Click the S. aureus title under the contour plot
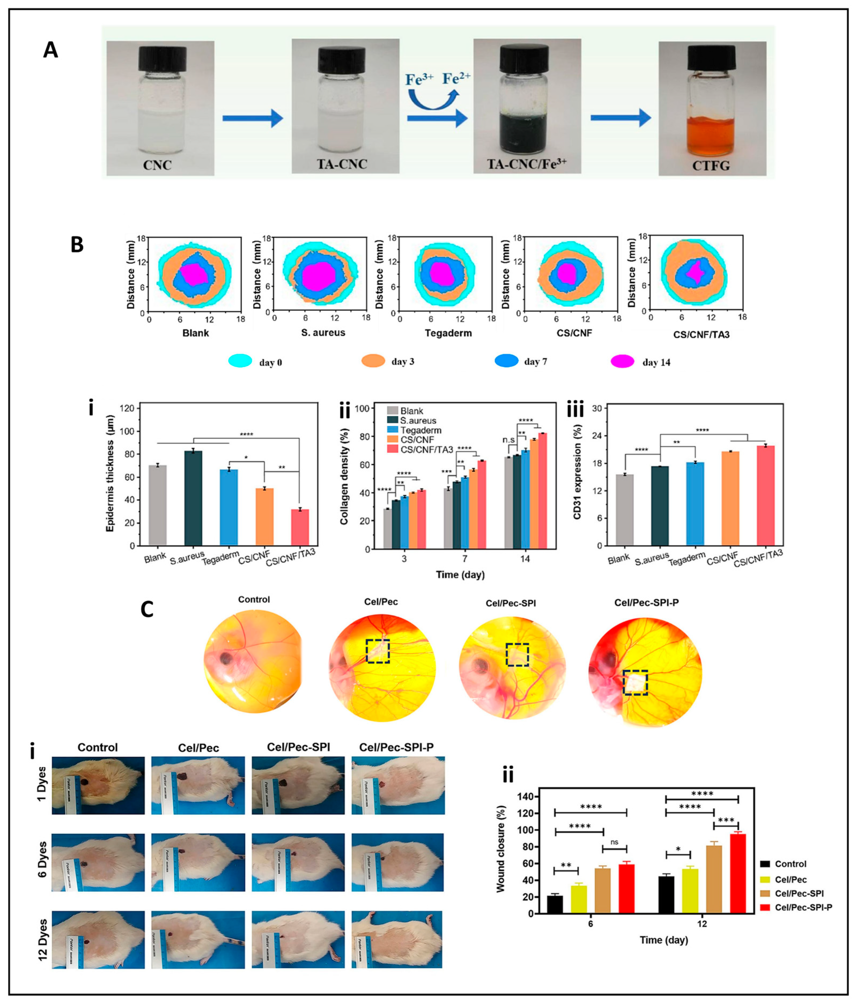[x=323, y=332]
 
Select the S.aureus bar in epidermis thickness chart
[x=193, y=498]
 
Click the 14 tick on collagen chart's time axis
[x=525, y=559]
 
